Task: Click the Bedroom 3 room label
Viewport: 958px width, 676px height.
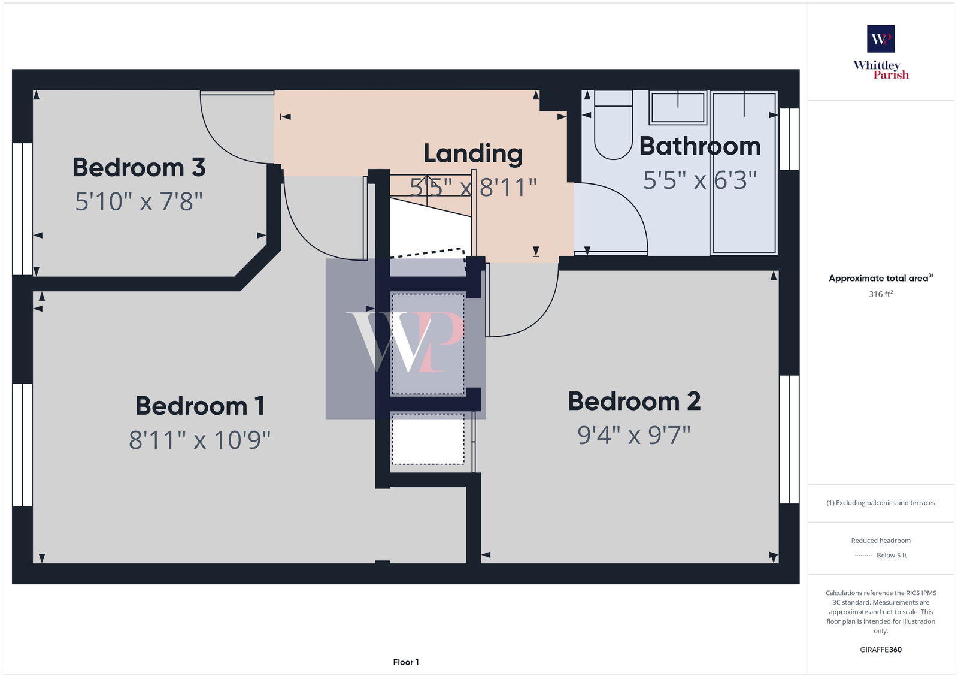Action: [139, 167]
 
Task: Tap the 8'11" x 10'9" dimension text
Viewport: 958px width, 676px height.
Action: [199, 440]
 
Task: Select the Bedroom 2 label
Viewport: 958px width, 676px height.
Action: [634, 402]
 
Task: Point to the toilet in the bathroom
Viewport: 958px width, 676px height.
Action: [613, 126]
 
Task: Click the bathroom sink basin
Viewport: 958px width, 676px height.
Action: [678, 108]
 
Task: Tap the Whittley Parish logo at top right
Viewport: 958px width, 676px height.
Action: [881, 53]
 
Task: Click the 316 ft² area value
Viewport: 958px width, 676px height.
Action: [881, 294]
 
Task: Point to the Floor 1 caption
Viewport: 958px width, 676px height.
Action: [406, 662]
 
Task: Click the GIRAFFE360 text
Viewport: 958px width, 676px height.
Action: [881, 650]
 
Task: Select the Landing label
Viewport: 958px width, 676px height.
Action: [473, 153]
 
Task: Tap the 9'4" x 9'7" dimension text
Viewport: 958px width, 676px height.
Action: [634, 435]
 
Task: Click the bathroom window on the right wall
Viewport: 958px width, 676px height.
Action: [789, 139]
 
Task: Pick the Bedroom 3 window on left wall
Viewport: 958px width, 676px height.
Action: [23, 209]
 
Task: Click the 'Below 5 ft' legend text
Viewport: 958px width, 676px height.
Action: [892, 556]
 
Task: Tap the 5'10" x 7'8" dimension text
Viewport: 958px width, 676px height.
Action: [139, 201]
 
